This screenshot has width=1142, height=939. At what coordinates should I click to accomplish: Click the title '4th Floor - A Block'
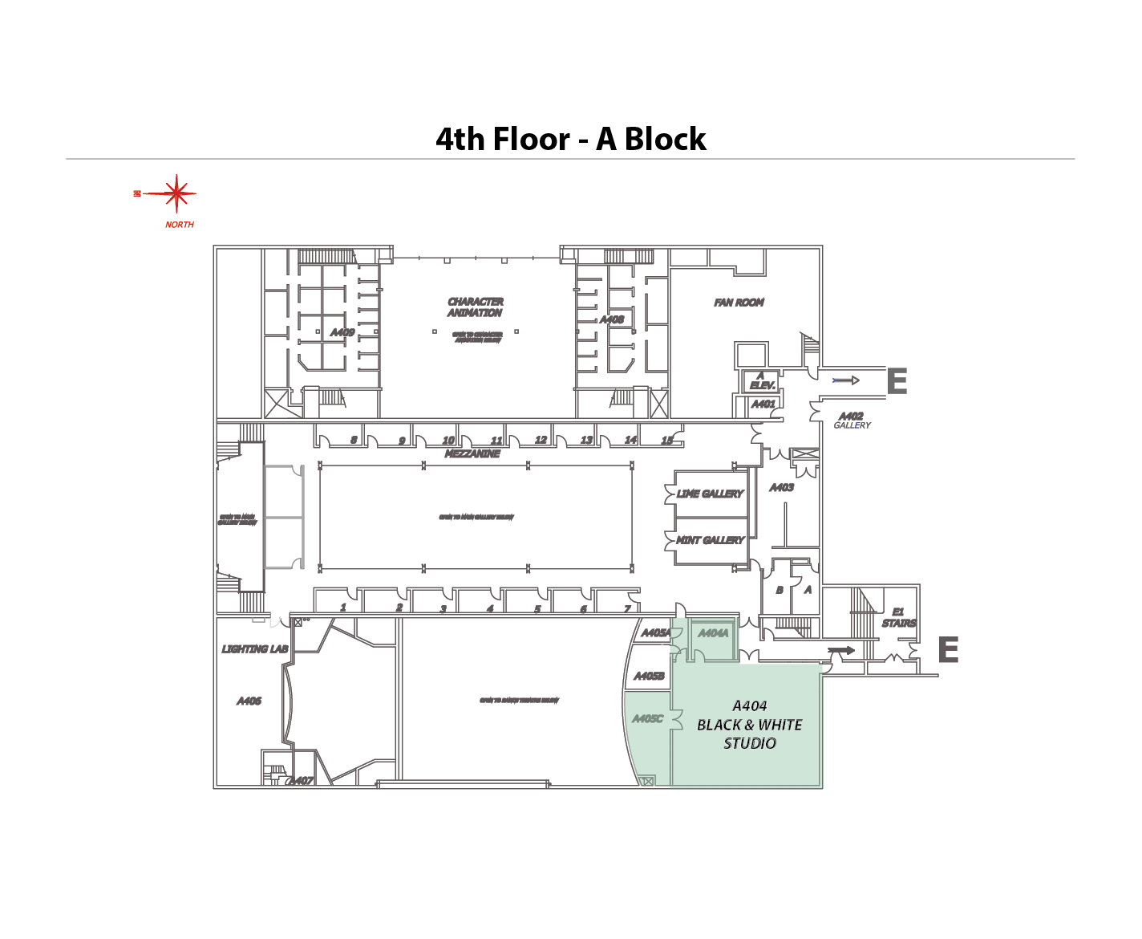click(570, 139)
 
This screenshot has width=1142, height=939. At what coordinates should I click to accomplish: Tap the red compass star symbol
click(176, 193)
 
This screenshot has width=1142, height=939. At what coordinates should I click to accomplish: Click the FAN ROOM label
click(739, 303)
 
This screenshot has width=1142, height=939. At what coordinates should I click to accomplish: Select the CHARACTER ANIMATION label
click(476, 307)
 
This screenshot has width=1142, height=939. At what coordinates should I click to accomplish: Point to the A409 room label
click(342, 332)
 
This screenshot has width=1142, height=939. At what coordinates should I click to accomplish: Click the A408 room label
click(612, 319)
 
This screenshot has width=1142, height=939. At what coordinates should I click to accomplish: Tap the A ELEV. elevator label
click(761, 380)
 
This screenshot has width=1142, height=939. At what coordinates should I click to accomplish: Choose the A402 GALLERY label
click(851, 420)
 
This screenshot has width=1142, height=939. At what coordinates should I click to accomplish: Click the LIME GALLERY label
click(710, 494)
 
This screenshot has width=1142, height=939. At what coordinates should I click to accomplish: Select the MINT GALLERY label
click(710, 540)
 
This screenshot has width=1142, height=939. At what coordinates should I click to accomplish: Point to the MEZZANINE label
click(472, 453)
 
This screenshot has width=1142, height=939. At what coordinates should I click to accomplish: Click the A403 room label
click(781, 487)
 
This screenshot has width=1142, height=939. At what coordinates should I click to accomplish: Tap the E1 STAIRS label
click(898, 617)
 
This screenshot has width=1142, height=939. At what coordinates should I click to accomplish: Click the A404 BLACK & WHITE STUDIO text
click(749, 725)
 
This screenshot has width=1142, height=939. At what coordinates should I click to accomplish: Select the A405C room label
click(647, 718)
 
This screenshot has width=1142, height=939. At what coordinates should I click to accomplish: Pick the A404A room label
click(713, 633)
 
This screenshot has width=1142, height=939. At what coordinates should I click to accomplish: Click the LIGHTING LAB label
click(255, 648)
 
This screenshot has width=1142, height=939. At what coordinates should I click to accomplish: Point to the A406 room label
click(249, 701)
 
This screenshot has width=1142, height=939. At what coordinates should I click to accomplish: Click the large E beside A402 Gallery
click(897, 381)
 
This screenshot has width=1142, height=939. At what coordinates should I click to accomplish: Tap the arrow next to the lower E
click(841, 650)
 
